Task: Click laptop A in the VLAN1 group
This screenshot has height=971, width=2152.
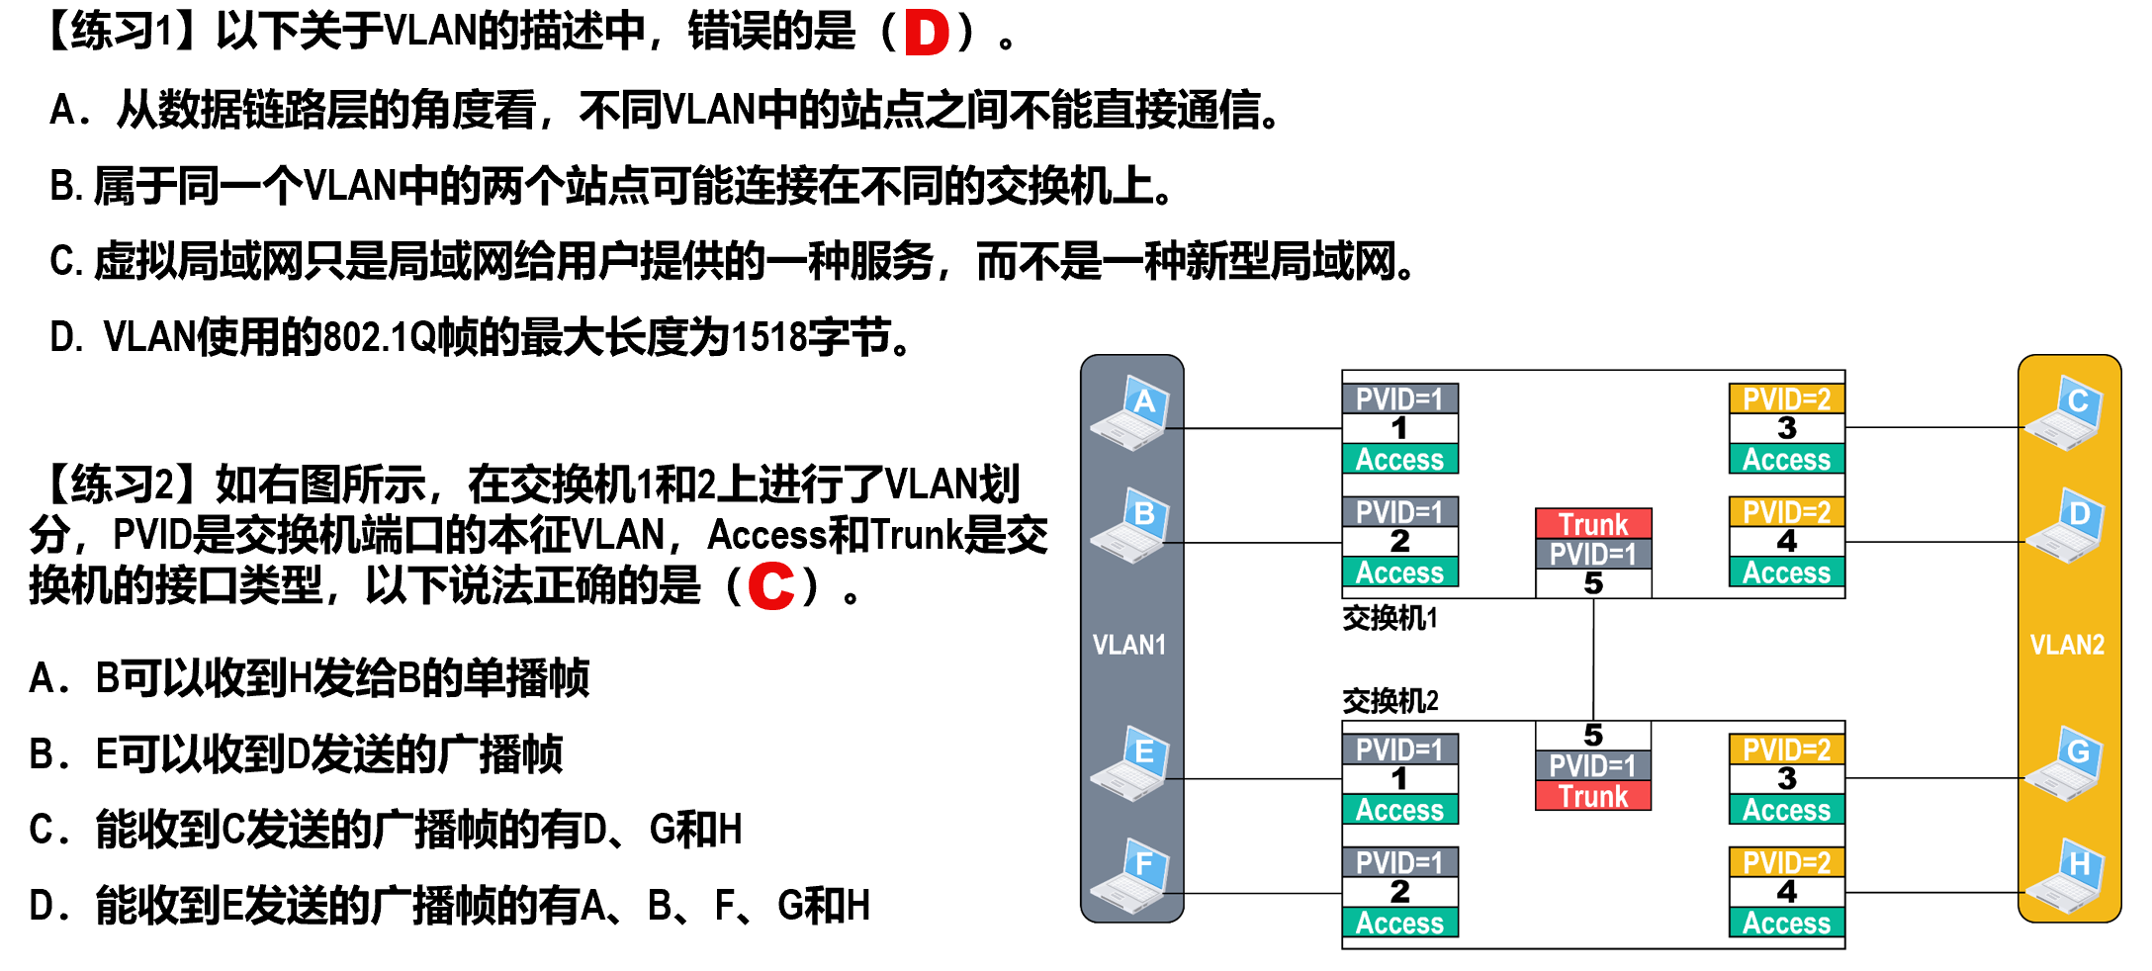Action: [1131, 413]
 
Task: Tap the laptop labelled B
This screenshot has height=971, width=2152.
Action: [1131, 526]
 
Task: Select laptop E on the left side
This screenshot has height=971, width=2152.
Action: [1131, 763]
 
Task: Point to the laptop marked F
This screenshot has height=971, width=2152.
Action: [1131, 876]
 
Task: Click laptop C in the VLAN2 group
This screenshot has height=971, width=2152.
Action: [2065, 413]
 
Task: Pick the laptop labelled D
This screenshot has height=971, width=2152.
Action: [2065, 526]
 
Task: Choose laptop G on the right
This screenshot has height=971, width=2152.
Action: [2065, 763]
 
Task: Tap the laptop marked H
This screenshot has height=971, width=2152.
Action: [2065, 876]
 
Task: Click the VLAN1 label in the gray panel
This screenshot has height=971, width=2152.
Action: [1129, 645]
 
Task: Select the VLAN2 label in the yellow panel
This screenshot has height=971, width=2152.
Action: [2067, 645]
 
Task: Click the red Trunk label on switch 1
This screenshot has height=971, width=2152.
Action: [1593, 523]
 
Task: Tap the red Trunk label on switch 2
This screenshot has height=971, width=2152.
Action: [1593, 796]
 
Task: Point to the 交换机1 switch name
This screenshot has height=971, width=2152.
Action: [1390, 618]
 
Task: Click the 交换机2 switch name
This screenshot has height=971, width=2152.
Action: [1390, 701]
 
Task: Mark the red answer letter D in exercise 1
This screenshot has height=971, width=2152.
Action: [927, 33]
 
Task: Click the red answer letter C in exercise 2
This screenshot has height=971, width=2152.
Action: [771, 585]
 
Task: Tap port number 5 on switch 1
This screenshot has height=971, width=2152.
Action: [1593, 583]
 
